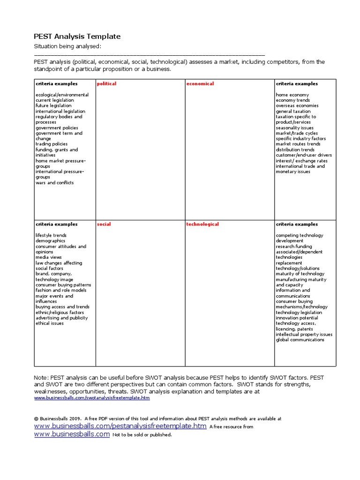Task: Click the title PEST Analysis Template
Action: click(x=77, y=36)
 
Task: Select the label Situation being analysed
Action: click(x=67, y=46)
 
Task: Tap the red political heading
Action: click(x=106, y=84)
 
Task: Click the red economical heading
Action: click(x=200, y=84)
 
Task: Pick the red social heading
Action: click(x=104, y=225)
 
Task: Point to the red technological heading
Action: click(x=202, y=225)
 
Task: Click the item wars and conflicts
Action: click(x=54, y=183)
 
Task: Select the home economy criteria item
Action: click(x=292, y=95)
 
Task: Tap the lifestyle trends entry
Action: click(x=51, y=235)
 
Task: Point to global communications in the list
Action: click(x=300, y=340)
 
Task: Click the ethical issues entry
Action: click(x=50, y=323)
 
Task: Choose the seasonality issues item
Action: click(x=295, y=128)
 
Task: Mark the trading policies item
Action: click(x=52, y=144)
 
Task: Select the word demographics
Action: click(x=50, y=241)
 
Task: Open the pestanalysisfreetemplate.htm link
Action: click(x=120, y=426)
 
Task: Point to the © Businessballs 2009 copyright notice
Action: click(x=58, y=419)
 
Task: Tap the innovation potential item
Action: click(x=297, y=318)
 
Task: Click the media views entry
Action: click(x=48, y=257)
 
